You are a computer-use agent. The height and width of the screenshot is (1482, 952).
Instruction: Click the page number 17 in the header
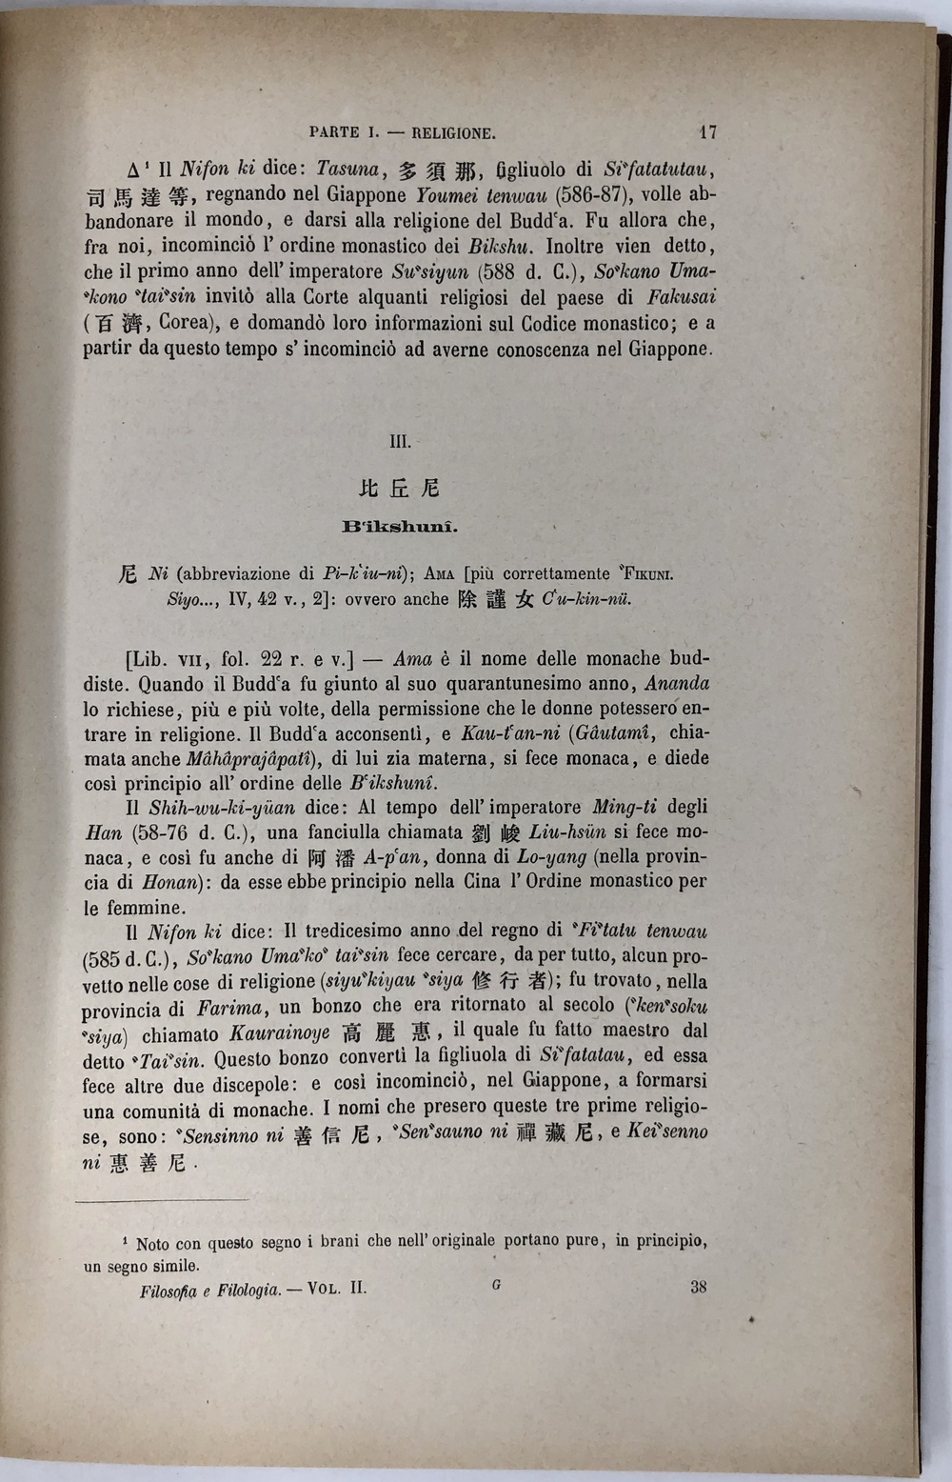pyautogui.click(x=706, y=132)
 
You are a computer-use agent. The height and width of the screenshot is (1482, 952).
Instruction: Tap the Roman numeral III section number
pyautogui.click(x=400, y=442)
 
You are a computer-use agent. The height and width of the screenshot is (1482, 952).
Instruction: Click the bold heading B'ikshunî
pyautogui.click(x=400, y=526)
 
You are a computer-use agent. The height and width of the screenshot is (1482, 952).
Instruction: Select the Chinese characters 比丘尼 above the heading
pyautogui.click(x=400, y=489)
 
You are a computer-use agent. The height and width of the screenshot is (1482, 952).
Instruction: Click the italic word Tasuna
pyautogui.click(x=348, y=170)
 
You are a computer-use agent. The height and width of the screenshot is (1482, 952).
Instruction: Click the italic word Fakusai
pyautogui.click(x=680, y=296)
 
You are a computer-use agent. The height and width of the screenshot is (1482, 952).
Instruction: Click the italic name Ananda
pyautogui.click(x=677, y=684)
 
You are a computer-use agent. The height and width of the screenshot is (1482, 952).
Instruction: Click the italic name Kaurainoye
pyautogui.click(x=280, y=1032)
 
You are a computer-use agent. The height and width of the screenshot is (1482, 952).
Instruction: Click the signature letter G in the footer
pyautogui.click(x=496, y=1285)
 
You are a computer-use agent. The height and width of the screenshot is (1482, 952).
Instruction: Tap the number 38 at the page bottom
pyautogui.click(x=698, y=1287)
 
